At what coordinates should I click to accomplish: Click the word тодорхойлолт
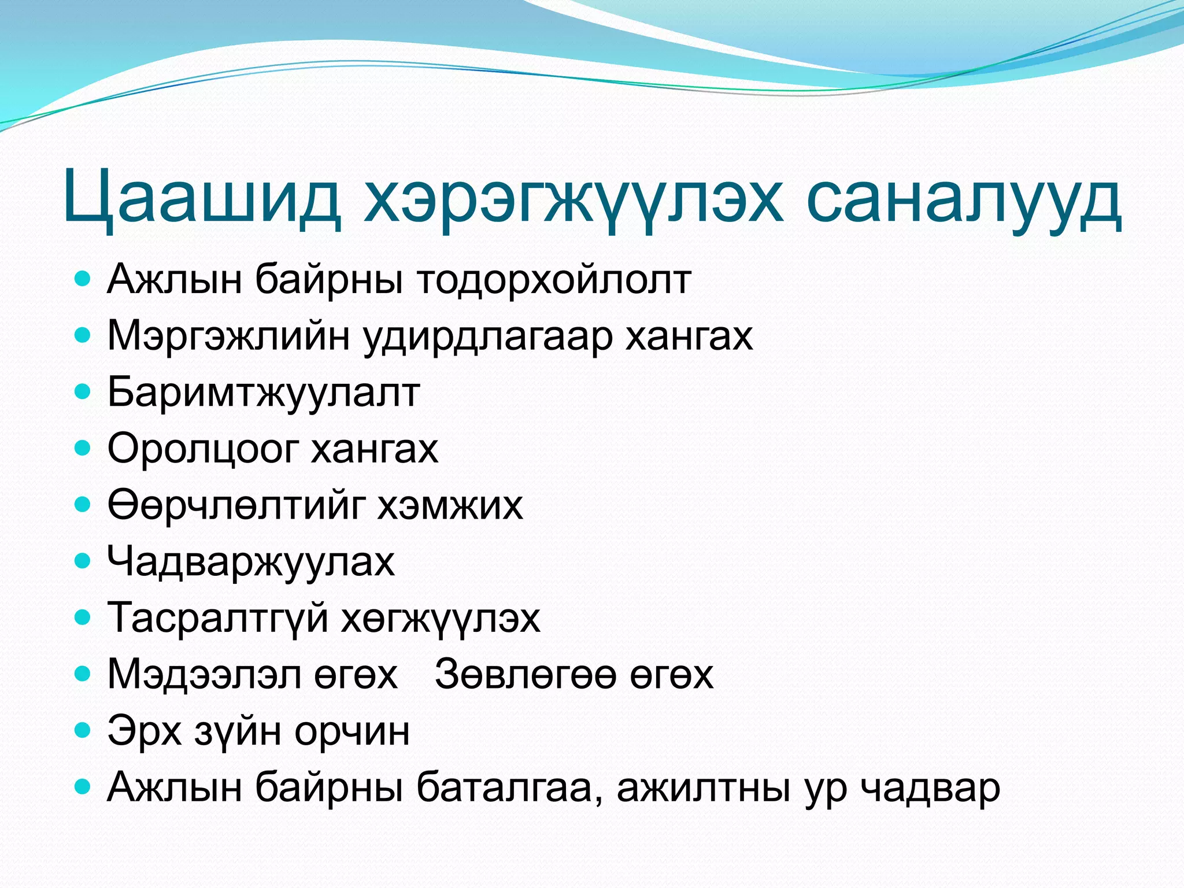tap(554, 280)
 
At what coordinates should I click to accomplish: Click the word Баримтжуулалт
tap(264, 393)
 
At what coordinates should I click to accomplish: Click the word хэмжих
tap(450, 505)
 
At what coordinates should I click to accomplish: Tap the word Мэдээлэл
tap(204, 674)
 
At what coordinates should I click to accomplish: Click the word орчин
tap(352, 731)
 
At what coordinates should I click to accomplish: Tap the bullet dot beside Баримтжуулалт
tap(83, 392)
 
